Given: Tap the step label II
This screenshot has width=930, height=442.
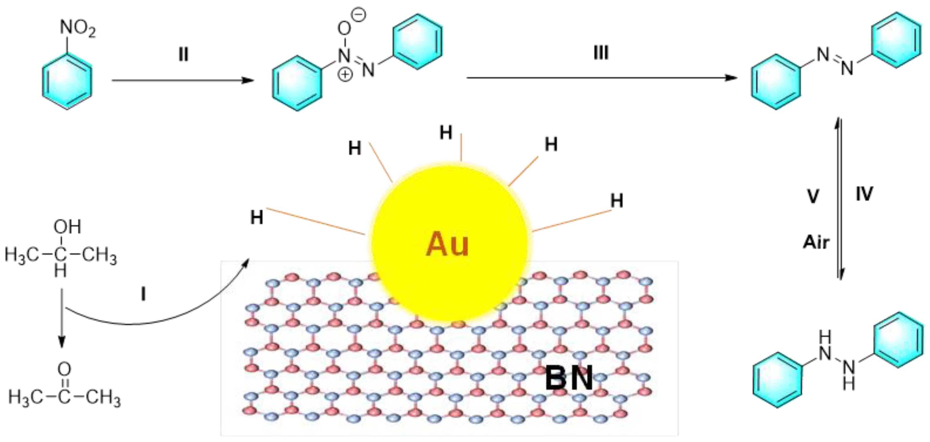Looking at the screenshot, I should click(183, 55).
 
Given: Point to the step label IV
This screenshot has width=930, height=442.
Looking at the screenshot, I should click(864, 194).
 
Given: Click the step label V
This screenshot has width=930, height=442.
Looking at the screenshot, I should click(813, 196).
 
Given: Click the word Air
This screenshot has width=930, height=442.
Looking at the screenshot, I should click(816, 242).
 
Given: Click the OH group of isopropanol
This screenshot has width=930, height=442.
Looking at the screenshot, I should click(67, 227).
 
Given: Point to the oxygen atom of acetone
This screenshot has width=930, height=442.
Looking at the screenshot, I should click(64, 369).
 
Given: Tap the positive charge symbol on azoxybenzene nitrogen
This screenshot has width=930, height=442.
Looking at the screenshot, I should click(345, 74).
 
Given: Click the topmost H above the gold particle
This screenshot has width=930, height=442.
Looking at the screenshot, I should click(446, 133).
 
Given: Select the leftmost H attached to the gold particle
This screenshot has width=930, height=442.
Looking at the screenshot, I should click(257, 218).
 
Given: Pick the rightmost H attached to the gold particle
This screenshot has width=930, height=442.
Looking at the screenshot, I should click(617, 201).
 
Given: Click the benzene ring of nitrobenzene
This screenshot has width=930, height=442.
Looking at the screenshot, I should click(67, 81).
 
